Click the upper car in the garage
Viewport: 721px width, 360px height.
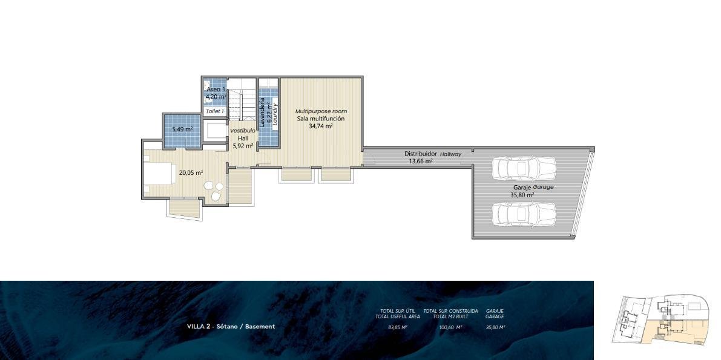[x=524, y=168]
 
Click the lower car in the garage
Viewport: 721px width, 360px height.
[x=524, y=214]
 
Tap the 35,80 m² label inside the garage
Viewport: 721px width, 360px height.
[x=522, y=195]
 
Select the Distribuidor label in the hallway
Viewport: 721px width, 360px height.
[x=421, y=154]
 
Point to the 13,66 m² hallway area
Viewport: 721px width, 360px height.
[x=421, y=161]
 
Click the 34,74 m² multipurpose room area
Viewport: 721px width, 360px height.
[x=321, y=126]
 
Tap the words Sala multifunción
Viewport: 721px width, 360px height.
[x=321, y=119]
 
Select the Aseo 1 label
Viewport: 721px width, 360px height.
[x=216, y=89]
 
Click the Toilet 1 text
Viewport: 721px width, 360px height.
[x=215, y=111]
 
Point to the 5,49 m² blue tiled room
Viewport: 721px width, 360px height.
[x=182, y=129]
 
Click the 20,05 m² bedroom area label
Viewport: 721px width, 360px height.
[x=191, y=173]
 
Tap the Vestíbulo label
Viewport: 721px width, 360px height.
[x=242, y=131]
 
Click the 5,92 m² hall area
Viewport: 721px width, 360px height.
[x=244, y=146]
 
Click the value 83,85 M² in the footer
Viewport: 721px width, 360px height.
[x=398, y=327]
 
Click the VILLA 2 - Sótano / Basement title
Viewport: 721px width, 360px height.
[x=231, y=327]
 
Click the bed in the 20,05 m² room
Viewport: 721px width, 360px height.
[x=159, y=173]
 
